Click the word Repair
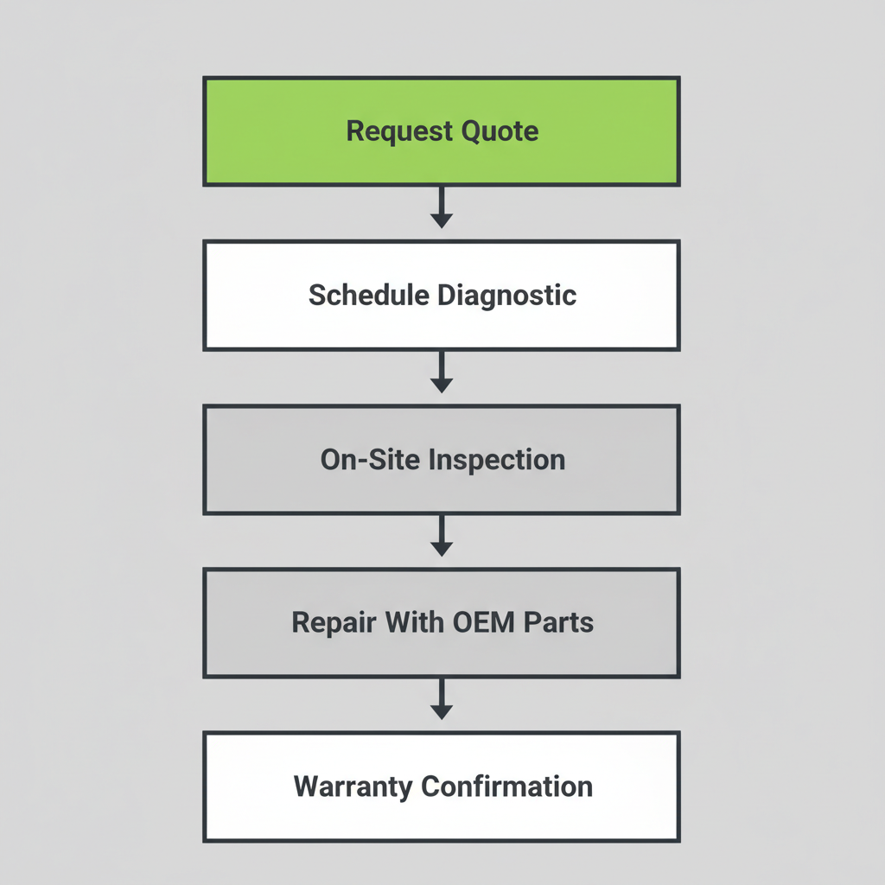coord(325,622)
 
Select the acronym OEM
coord(473,622)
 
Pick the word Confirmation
coord(506,786)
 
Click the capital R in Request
coord(354,131)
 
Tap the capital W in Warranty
coord(306,786)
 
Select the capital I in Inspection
coord(433,459)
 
